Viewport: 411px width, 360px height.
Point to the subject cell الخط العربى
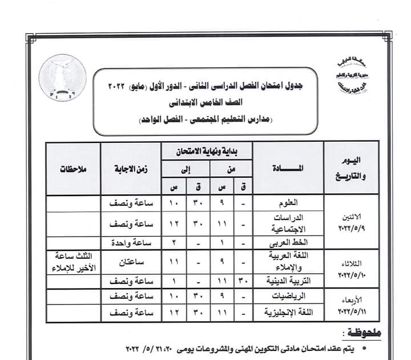coord(288,242)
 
